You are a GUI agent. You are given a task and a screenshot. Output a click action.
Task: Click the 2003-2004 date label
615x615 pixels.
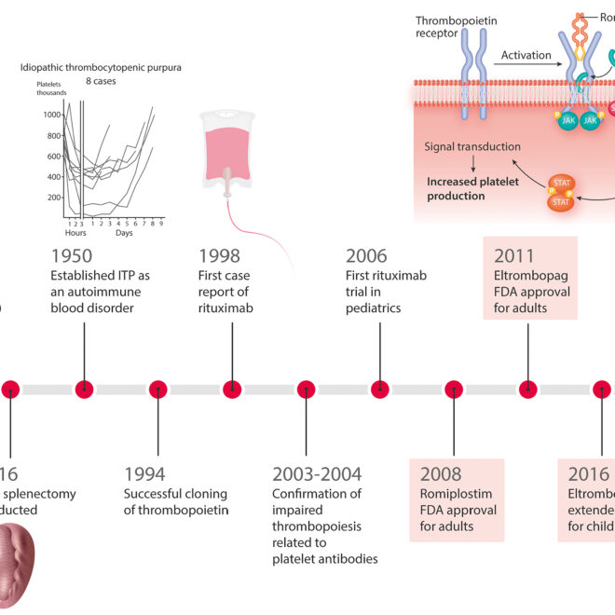[317, 475]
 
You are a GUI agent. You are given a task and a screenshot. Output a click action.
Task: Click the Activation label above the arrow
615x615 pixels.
[526, 55]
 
